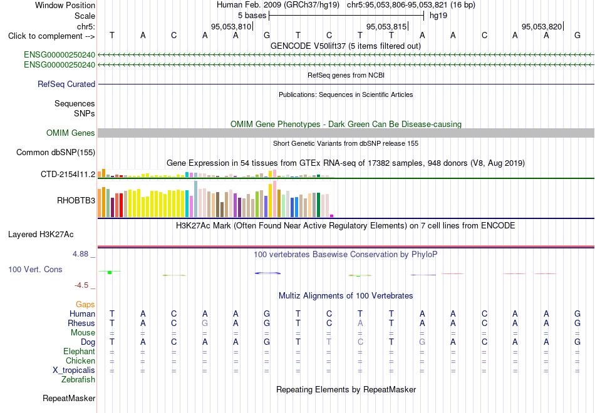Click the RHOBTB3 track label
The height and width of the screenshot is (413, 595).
[x=76, y=200]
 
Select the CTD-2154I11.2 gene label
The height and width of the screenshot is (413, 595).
[x=68, y=175]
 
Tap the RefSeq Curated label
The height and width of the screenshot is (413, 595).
[x=66, y=84]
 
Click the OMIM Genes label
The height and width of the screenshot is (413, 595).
[x=71, y=133]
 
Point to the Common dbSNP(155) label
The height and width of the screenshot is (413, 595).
[x=56, y=153]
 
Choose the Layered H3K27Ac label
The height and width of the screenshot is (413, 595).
[x=41, y=235]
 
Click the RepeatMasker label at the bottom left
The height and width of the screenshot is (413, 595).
[x=69, y=398]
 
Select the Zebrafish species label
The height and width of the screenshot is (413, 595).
[x=78, y=380]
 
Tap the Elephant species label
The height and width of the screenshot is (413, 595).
[x=79, y=352]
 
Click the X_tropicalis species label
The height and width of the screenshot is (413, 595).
[x=74, y=370]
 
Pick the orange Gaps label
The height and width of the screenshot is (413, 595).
[x=85, y=305]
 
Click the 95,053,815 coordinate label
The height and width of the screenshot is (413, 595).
[x=386, y=26]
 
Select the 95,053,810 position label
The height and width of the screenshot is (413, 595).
[x=231, y=26]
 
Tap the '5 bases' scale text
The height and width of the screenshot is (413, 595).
[x=252, y=16]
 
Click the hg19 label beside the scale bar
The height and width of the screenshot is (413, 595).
[x=438, y=16]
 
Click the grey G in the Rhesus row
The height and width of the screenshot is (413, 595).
[x=205, y=323]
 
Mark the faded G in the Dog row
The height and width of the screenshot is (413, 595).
[x=422, y=342]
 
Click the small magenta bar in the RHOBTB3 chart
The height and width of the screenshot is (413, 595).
[x=332, y=216]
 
